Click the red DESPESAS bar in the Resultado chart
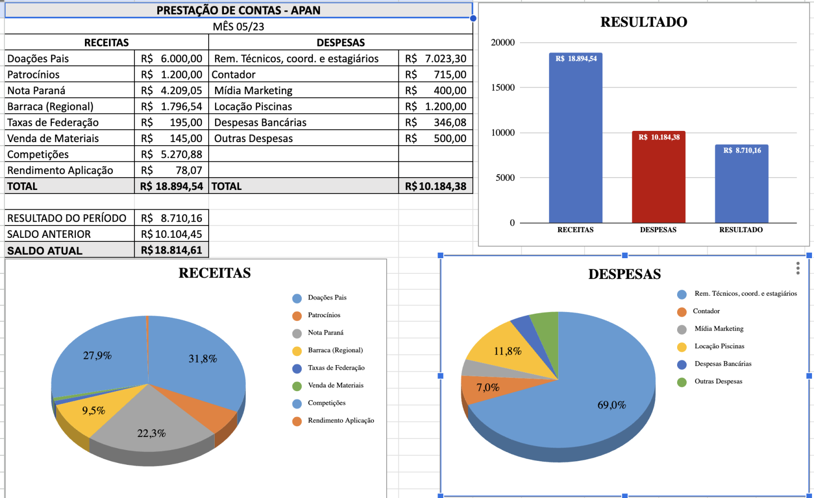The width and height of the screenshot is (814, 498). coord(658,178)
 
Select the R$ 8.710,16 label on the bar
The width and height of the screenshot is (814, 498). coord(742,150)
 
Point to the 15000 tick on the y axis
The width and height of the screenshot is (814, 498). coord(503,88)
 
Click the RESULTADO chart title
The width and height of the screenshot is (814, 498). coord(644,22)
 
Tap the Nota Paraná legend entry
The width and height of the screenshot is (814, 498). coord(325,333)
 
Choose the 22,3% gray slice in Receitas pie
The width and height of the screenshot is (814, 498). coord(152,433)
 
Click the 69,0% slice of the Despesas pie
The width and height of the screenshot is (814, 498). coord(611,405)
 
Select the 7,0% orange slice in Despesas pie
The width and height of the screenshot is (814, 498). coord(487,388)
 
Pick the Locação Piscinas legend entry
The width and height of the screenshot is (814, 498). coord(719,346)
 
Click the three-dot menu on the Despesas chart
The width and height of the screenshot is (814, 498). coord(798,268)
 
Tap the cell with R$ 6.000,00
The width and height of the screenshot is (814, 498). coord(171,59)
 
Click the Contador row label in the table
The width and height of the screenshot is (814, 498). coord(234,75)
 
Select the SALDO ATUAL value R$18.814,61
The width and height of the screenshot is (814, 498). coord(171,250)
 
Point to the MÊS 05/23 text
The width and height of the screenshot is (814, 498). coord(238,26)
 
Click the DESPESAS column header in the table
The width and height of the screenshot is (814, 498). coord(340,42)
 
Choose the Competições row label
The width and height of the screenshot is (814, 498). coord(38,154)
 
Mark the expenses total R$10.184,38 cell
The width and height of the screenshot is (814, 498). coord(435,186)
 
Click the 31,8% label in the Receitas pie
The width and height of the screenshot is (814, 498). coord(202,358)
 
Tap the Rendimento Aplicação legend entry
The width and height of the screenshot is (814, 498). coord(340,421)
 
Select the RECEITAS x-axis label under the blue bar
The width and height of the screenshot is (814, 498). coord(575,230)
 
